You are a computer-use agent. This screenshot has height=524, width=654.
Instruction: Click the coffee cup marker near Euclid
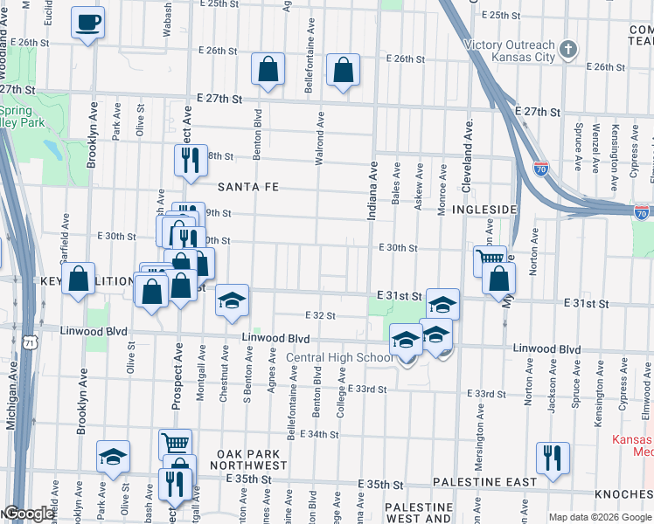point(88,23)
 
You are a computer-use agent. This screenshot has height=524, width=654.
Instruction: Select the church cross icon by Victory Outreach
point(569,49)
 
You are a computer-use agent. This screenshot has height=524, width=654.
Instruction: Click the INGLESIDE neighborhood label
point(481,210)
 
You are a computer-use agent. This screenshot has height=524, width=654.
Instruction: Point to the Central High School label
point(341,357)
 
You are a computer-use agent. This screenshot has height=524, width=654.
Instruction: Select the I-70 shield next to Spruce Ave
point(542,169)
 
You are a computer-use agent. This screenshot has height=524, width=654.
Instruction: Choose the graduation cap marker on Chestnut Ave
point(232,300)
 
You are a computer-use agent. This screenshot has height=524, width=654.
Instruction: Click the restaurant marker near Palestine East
point(553,458)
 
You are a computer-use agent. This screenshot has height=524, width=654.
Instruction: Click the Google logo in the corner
point(28,514)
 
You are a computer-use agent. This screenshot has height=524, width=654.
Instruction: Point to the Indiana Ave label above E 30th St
point(372,193)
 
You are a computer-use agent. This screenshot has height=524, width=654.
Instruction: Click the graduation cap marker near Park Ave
point(114,458)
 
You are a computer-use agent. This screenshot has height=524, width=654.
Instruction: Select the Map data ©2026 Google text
point(599,517)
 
